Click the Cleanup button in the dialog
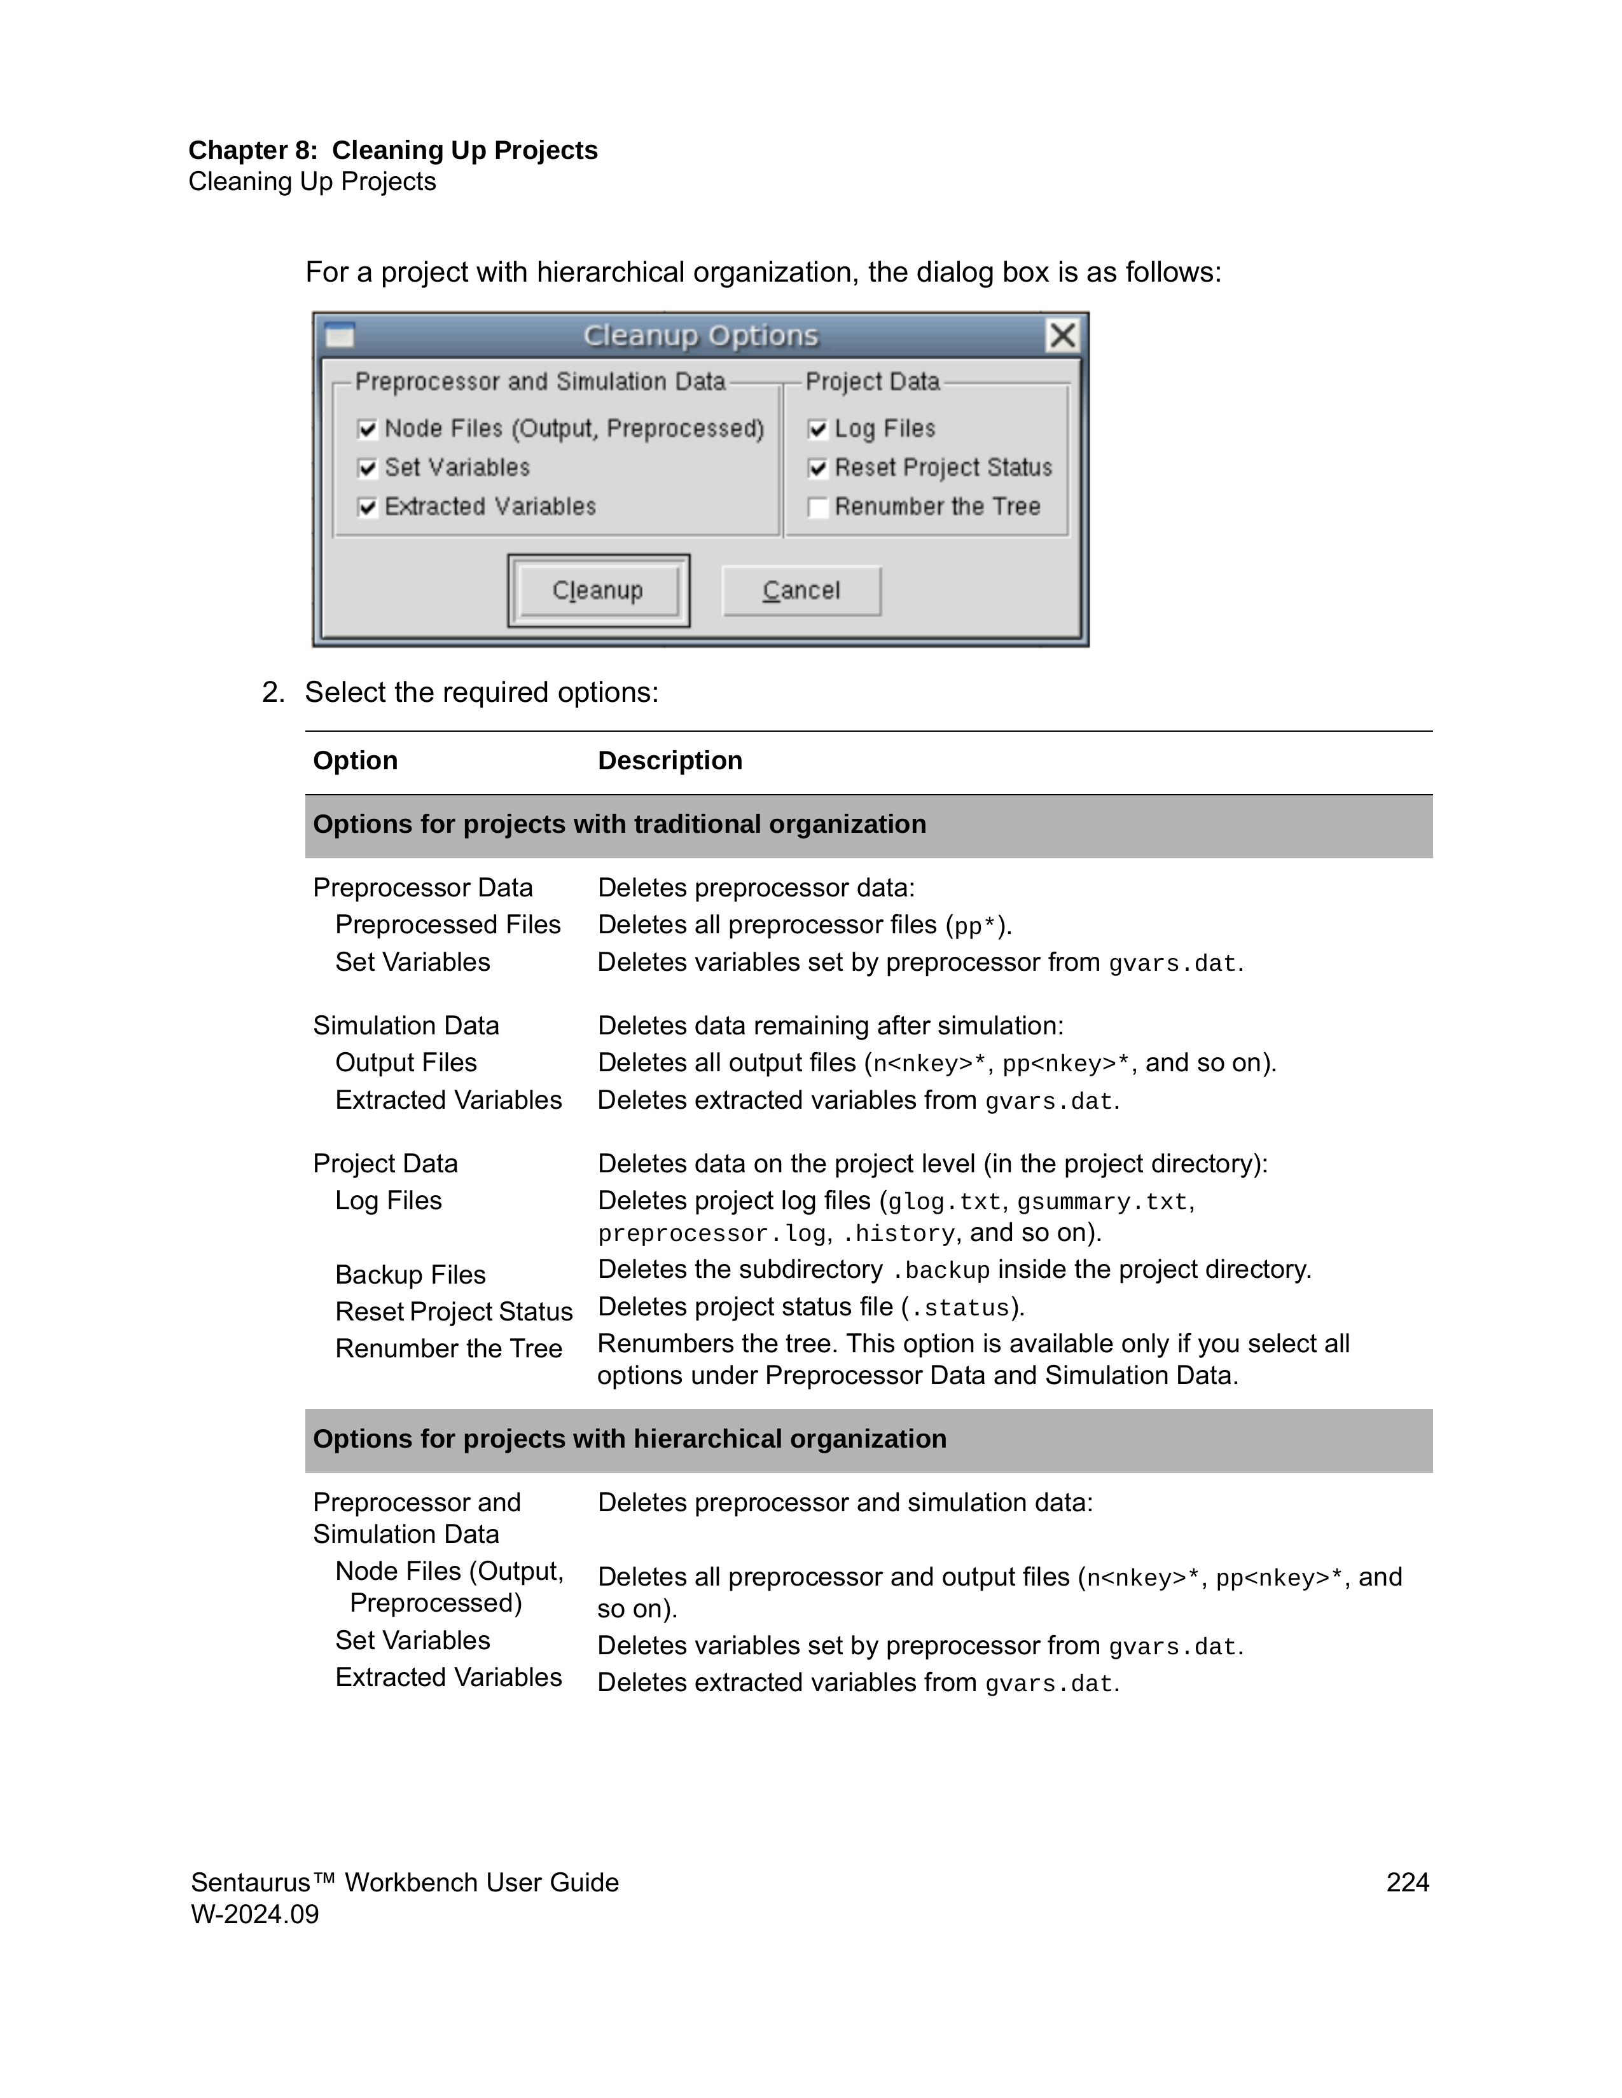tap(598, 590)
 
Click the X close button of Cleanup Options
tap(1062, 335)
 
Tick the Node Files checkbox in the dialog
tap(367, 429)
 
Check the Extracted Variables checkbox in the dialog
tap(367, 507)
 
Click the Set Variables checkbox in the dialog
tap(367, 468)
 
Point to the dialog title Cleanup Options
tap(700, 335)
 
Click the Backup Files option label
tap(410, 1274)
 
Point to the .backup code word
tap(941, 1270)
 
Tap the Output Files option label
tap(406, 1062)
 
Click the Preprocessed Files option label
tap(448, 924)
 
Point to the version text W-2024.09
tap(254, 1914)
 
